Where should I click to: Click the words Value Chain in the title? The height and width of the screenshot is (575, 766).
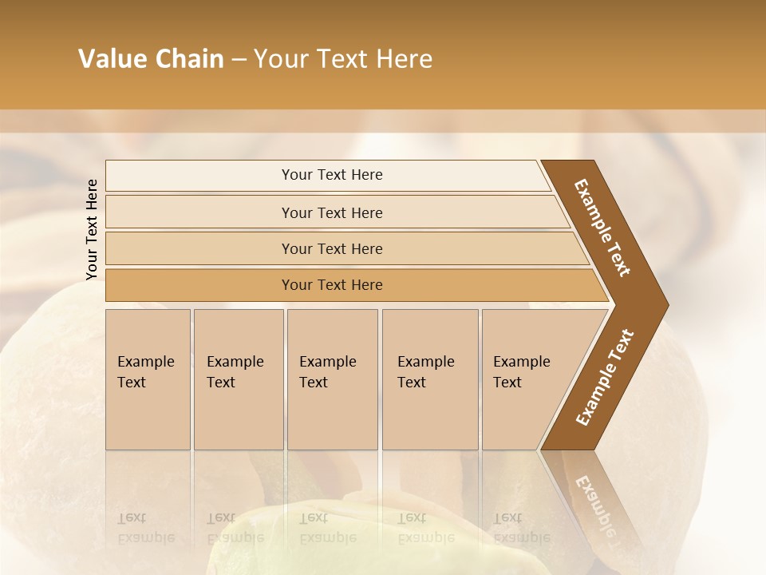click(151, 59)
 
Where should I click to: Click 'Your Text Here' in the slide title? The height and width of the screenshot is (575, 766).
click(343, 59)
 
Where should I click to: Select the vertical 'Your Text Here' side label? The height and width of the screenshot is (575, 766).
click(92, 229)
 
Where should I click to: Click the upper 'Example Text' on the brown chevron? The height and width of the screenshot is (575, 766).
click(602, 228)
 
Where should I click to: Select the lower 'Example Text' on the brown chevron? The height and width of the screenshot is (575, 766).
click(604, 378)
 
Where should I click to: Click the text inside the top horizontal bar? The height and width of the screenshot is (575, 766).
click(332, 175)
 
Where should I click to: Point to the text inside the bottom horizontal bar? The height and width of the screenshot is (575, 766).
click(332, 285)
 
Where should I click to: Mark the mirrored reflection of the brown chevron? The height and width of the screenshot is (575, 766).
click(594, 499)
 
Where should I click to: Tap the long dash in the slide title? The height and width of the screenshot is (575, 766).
click(239, 59)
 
